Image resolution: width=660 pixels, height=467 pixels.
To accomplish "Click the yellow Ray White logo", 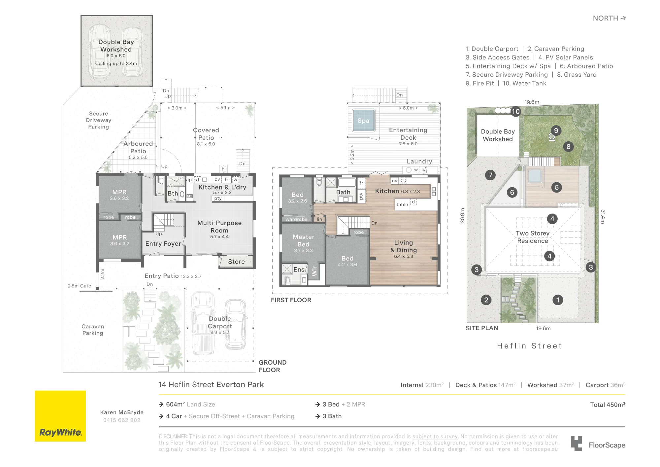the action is (x=60, y=416).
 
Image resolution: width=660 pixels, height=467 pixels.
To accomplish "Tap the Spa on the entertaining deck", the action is (x=363, y=121).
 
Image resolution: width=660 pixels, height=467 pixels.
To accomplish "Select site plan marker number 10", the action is (x=515, y=112).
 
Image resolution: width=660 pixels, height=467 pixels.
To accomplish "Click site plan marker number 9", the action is (x=556, y=130).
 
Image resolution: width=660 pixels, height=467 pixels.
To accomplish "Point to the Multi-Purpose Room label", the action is (x=219, y=227).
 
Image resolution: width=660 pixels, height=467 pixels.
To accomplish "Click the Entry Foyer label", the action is (x=163, y=244).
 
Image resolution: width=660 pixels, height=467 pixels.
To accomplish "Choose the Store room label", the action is (x=236, y=262).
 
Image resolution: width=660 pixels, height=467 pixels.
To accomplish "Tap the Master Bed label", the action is (x=303, y=240).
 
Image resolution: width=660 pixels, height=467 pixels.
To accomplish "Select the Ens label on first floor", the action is (x=299, y=269).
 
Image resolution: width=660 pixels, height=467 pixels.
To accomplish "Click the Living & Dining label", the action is (x=404, y=246).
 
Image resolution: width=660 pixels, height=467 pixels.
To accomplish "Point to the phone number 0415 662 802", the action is (x=122, y=420).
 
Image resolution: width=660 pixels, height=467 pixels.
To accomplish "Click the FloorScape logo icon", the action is (x=577, y=444).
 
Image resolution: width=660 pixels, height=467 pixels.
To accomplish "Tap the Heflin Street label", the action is (x=530, y=346).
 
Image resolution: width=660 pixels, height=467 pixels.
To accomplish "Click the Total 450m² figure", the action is (x=608, y=405).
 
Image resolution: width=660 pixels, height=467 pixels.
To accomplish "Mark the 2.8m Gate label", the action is (x=79, y=286).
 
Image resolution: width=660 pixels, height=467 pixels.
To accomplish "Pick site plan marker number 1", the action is (x=558, y=300).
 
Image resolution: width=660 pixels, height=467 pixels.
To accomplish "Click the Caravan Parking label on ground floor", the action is (x=93, y=330).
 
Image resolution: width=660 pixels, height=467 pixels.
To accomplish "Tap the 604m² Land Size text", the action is (x=190, y=404).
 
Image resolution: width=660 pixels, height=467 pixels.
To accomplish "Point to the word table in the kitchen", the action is (x=402, y=204).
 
